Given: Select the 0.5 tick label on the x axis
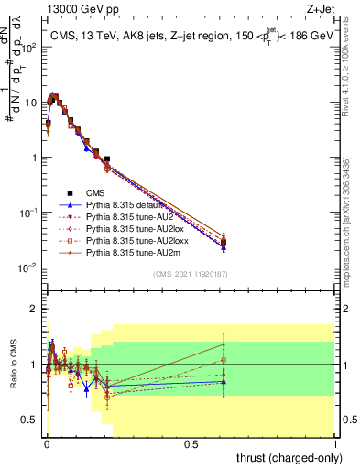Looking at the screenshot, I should (191, 443).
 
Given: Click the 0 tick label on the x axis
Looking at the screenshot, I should (47, 443).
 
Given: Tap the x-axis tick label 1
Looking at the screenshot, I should (335, 443).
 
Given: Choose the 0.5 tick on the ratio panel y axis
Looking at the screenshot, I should (32, 420).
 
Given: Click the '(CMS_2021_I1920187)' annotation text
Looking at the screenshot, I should (191, 274).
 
